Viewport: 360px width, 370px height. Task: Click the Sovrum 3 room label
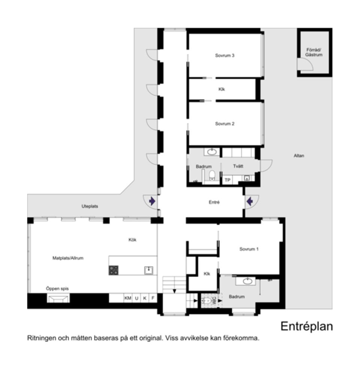click(225, 55)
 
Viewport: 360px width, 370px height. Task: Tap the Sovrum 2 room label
click(225, 124)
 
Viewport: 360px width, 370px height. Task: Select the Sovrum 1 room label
click(249, 249)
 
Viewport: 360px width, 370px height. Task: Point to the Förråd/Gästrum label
click(314, 52)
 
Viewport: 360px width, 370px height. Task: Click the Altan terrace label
click(299, 155)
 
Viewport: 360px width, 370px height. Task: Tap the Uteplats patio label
click(90, 206)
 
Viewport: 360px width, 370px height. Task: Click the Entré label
click(214, 202)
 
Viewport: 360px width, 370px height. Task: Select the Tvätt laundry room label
click(238, 166)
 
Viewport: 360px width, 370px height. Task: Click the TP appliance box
click(228, 180)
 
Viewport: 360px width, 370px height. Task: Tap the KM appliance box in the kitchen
click(128, 298)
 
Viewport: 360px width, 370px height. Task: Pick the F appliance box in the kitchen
click(153, 298)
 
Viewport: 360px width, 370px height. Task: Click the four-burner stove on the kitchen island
click(114, 270)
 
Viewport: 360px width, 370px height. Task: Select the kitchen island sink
click(148, 270)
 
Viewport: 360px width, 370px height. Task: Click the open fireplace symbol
click(58, 298)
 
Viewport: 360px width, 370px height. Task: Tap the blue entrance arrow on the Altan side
click(250, 201)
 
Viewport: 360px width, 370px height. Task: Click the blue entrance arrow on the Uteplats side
click(152, 201)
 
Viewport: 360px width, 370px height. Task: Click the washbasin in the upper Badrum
click(211, 152)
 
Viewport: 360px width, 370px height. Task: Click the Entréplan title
click(307, 327)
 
